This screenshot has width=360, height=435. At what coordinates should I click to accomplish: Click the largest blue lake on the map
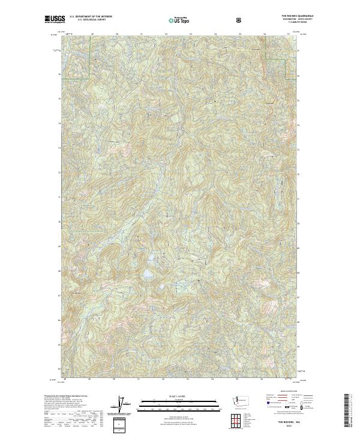pos(146,275)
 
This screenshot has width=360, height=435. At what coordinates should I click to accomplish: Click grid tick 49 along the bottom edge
pos(89,379)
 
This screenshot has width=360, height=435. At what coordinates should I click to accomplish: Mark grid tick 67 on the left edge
pos(59,296)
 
